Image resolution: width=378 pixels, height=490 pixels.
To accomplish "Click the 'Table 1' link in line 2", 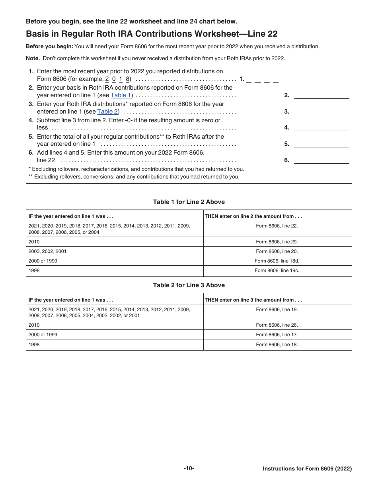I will click(x=121, y=95).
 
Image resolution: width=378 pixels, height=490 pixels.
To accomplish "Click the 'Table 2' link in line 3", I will click(x=107, y=112).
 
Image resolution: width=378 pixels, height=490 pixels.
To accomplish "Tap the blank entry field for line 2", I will click(x=321, y=95).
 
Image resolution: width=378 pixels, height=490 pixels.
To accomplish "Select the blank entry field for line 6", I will click(x=321, y=160).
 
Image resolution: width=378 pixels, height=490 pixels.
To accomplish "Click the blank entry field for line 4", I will click(x=321, y=127).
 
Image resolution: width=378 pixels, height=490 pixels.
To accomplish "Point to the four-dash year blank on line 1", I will click(x=262, y=79).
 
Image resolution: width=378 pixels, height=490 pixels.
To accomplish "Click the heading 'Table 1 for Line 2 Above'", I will click(x=189, y=202).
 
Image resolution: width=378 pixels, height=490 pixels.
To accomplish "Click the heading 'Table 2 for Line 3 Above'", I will click(x=189, y=285).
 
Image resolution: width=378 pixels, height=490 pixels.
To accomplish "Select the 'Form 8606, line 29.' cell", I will click(x=277, y=241).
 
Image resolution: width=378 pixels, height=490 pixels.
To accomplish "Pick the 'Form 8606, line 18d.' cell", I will click(x=277, y=261).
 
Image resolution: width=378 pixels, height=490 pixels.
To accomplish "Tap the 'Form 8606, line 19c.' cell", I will click(x=277, y=270).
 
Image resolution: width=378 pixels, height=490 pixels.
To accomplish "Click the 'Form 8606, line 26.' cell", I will click(x=277, y=325).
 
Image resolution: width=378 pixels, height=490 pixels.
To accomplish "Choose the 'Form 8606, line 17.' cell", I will click(x=277, y=335).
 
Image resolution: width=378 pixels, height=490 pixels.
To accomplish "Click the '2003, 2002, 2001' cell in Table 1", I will click(x=47, y=251).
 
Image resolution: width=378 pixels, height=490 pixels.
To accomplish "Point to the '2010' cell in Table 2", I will click(x=34, y=325).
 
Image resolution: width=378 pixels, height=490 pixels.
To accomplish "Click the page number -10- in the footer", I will click(x=189, y=468).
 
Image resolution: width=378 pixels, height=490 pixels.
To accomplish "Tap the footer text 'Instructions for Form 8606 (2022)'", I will click(x=307, y=469).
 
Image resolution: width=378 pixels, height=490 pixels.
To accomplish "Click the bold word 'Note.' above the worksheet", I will click(x=33, y=58).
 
